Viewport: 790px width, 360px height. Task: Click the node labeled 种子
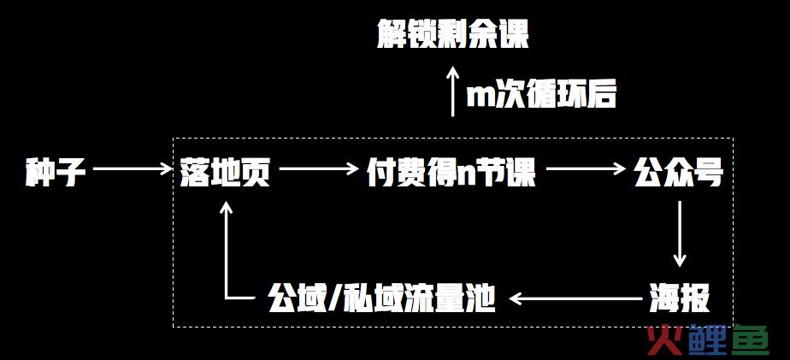pyautogui.click(x=56, y=173)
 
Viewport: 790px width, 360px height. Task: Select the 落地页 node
pyautogui.click(x=225, y=173)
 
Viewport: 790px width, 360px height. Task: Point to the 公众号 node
pyautogui.click(x=679, y=173)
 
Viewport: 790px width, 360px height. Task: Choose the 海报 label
pyautogui.click(x=679, y=298)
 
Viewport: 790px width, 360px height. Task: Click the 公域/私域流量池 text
pyautogui.click(x=382, y=298)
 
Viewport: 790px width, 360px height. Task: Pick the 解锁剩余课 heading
pyautogui.click(x=453, y=34)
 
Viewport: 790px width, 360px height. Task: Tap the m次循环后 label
pyautogui.click(x=541, y=94)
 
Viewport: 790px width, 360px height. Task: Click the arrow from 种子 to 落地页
pyautogui.click(x=133, y=169)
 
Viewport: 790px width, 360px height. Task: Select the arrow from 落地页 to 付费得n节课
pyautogui.click(x=318, y=169)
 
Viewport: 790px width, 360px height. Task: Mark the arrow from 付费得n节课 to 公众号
pyautogui.click(x=586, y=169)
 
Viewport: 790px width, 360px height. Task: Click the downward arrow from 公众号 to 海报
pyautogui.click(x=680, y=234)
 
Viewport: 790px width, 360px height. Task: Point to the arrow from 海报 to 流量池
pyautogui.click(x=576, y=298)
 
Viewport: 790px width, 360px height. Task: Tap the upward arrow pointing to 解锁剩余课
pyautogui.click(x=453, y=91)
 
